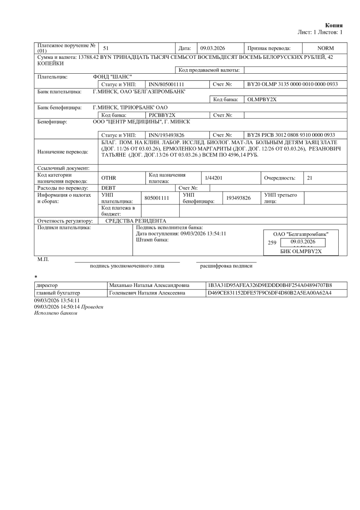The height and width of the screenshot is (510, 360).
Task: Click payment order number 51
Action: coord(106,48)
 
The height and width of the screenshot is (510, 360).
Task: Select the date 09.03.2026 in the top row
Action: coord(212,48)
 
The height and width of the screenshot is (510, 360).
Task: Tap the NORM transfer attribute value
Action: coord(325,48)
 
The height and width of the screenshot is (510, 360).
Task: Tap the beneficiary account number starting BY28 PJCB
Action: coord(291,134)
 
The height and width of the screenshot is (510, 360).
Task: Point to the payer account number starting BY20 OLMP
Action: coord(292,84)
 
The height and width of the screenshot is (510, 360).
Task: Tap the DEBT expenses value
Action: coord(108,188)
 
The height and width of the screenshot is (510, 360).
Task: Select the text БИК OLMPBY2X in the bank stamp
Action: coord(301,251)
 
